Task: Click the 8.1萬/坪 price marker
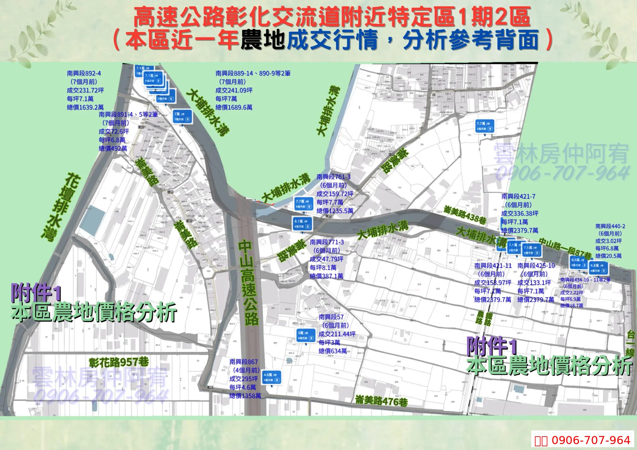pyautogui.click(x=302, y=224)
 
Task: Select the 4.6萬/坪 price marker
pyautogui.click(x=272, y=377)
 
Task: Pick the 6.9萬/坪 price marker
pyautogui.click(x=579, y=262)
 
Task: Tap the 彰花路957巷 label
pyautogui.click(x=119, y=362)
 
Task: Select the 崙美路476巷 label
pyautogui.click(x=381, y=401)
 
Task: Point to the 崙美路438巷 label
pyautogui.click(x=465, y=215)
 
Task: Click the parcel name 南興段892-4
pyautogui.click(x=84, y=73)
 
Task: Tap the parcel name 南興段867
pyautogui.click(x=244, y=362)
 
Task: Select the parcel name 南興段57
pyautogui.click(x=331, y=317)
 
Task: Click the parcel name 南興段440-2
pyautogui.click(x=610, y=226)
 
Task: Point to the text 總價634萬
pyautogui.click(x=332, y=351)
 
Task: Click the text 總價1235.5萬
pyautogui.click(x=335, y=211)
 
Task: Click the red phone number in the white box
pyautogui.click(x=590, y=440)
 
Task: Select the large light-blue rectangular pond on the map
pyautogui.click(x=92, y=220)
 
